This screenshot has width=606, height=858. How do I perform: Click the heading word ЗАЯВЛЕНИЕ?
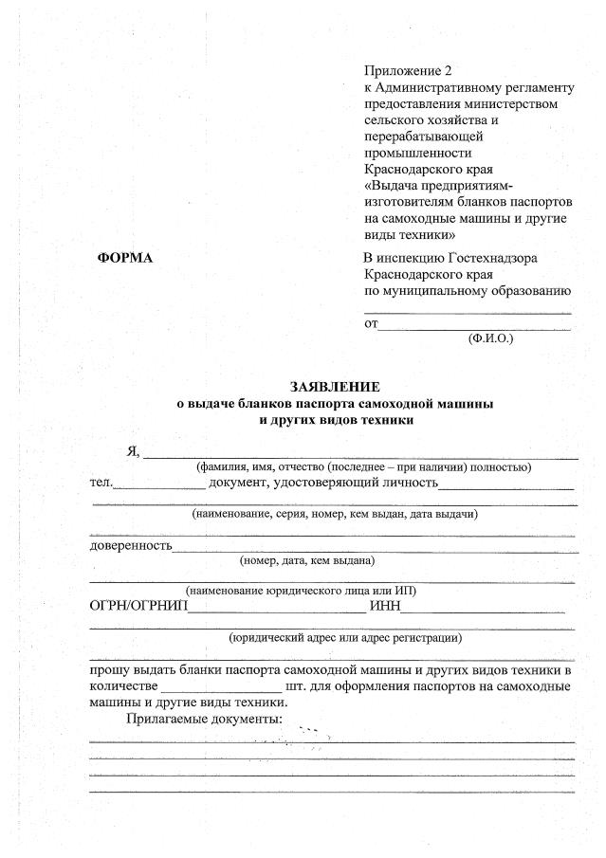click(x=335, y=386)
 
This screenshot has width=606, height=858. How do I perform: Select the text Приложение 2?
click(x=409, y=72)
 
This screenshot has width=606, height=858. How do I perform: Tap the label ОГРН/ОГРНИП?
click(x=138, y=606)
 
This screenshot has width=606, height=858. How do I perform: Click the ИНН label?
click(x=388, y=606)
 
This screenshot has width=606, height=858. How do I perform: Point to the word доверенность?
click(x=131, y=545)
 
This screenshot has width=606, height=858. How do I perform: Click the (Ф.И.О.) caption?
click(x=489, y=338)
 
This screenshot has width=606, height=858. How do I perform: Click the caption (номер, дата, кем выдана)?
click(x=307, y=559)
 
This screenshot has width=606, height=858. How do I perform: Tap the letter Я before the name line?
click(x=134, y=451)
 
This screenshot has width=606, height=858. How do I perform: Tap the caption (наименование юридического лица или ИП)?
click(x=301, y=591)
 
